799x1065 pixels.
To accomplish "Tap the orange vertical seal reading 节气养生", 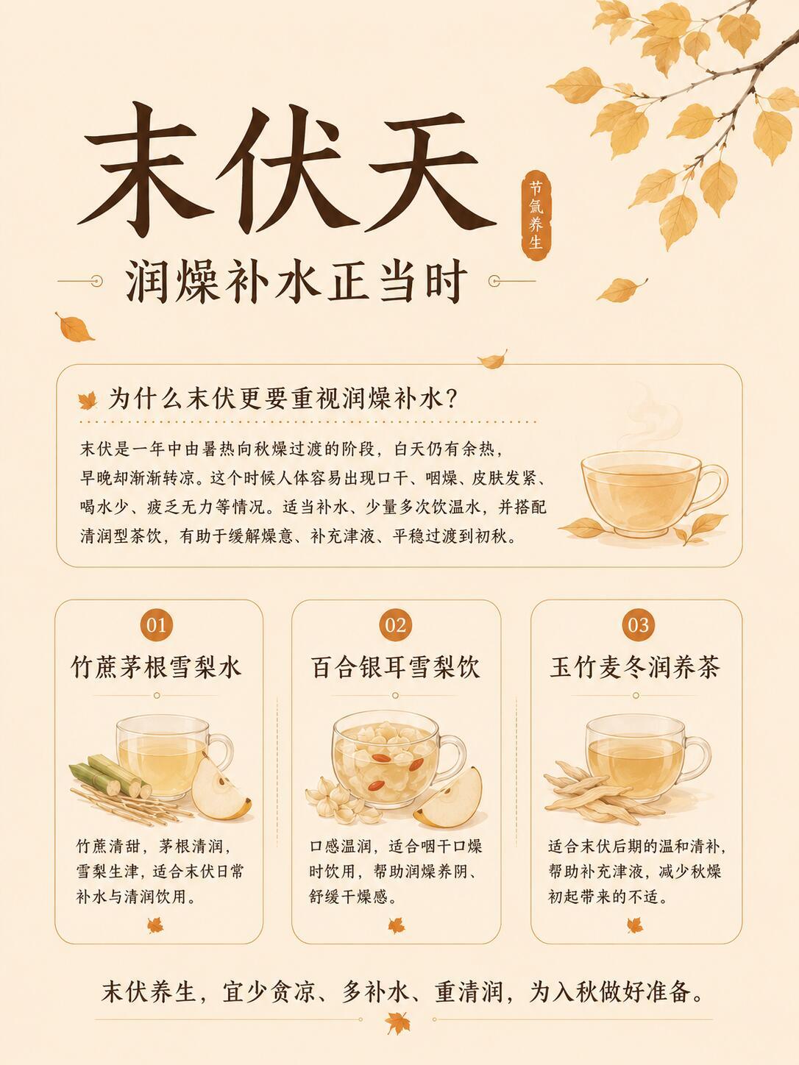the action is click(x=536, y=215).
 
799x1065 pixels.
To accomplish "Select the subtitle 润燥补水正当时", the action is click(x=296, y=282).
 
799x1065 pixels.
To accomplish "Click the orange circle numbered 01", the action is click(x=156, y=625).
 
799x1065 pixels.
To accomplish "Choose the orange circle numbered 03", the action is click(x=638, y=625).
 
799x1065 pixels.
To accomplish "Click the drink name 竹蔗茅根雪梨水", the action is click(x=156, y=668).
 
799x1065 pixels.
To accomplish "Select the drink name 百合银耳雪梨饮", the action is click(x=395, y=668).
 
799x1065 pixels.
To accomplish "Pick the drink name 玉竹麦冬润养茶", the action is click(x=635, y=668).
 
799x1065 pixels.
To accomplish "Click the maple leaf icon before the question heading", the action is click(x=88, y=401).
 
